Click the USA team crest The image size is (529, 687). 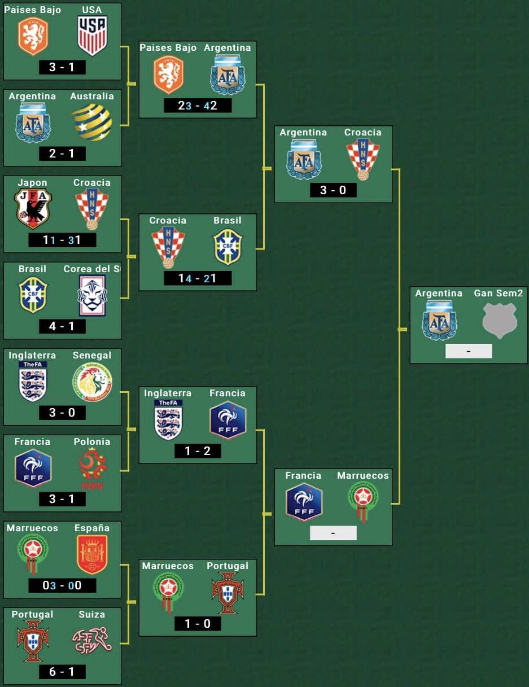(x=92, y=36)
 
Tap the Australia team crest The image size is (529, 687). (x=92, y=122)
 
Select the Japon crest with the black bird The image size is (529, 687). (x=33, y=208)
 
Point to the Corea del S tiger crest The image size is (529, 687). (x=92, y=295)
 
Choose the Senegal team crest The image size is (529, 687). (x=92, y=382)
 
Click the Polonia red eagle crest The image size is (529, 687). (x=92, y=468)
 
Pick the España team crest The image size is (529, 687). (x=92, y=554)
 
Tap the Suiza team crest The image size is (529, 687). (x=92, y=641)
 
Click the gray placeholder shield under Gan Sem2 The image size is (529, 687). (x=499, y=320)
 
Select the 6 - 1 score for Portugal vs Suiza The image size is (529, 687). (x=62, y=672)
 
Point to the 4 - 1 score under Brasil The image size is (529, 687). (x=62, y=326)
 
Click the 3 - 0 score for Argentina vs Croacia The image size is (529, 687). (x=333, y=190)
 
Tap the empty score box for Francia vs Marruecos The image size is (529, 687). (x=333, y=533)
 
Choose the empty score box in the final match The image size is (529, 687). (x=469, y=351)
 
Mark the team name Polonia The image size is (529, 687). (x=92, y=441)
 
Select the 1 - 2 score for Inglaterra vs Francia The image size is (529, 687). (x=198, y=450)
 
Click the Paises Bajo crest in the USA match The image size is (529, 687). (x=33, y=36)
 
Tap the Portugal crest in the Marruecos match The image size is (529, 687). (x=228, y=592)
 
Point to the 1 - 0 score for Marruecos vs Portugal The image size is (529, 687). (x=198, y=623)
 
